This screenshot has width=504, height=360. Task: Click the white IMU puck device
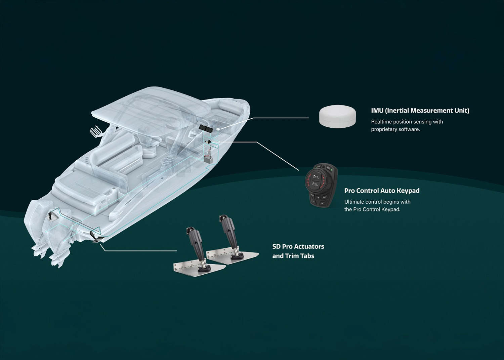coord(337,116)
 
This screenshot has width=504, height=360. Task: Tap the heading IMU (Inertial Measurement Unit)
coord(420,111)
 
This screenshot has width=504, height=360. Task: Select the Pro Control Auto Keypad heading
coord(382,191)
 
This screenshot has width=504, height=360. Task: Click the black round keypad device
coord(321,185)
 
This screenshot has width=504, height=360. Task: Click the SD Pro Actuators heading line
coord(298,246)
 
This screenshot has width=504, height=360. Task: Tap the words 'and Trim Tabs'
coord(293,256)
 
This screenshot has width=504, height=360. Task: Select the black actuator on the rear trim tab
coord(231,236)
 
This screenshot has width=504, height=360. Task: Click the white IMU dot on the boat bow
coord(218,129)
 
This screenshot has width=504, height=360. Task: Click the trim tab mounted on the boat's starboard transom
coord(96,237)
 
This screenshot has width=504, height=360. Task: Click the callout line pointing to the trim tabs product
coord(138,249)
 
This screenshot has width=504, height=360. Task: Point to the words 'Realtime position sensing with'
coord(407,122)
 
